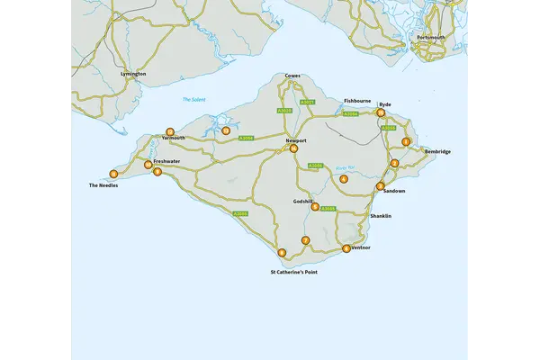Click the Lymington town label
pyautogui.click(x=132, y=74)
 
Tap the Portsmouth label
pyautogui.click(x=431, y=38)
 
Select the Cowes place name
pyautogui.click(x=292, y=76)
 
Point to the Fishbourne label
pyautogui.click(x=357, y=101)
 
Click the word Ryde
pyautogui.click(x=385, y=104)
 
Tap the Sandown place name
pyautogui.click(x=394, y=192)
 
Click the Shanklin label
pyautogui.click(x=382, y=216)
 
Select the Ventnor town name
pyautogui.click(x=361, y=247)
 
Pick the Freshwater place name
pyautogui.click(x=166, y=162)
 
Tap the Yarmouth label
pyautogui.click(x=174, y=139)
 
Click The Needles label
pyautogui.click(x=103, y=185)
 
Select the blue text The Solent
pyautogui.click(x=194, y=100)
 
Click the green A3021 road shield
pyautogui.click(x=307, y=103)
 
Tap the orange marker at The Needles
pyautogui.click(x=113, y=174)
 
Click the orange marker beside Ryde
pyautogui.click(x=381, y=113)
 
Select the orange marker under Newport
pyautogui.click(x=293, y=148)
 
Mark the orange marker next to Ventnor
pyautogui.click(x=346, y=248)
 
